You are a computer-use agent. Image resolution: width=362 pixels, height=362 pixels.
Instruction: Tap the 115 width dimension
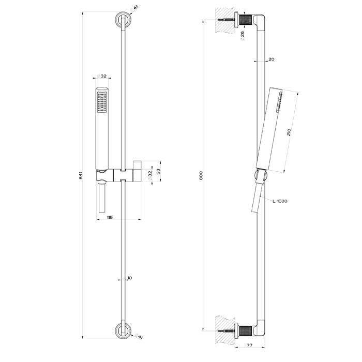[x=110, y=217]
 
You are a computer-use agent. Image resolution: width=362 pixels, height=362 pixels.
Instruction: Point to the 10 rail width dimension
[x=129, y=278]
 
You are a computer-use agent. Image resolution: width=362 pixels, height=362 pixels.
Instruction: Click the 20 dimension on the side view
[x=271, y=59]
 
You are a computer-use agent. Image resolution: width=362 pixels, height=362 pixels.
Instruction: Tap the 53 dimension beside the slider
[x=159, y=171]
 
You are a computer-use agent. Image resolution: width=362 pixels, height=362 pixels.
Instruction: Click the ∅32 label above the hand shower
[x=102, y=76]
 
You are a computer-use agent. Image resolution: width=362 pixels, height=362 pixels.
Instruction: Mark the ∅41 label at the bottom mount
[x=139, y=338]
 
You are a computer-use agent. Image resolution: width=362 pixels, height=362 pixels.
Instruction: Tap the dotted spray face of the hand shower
[x=101, y=101]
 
